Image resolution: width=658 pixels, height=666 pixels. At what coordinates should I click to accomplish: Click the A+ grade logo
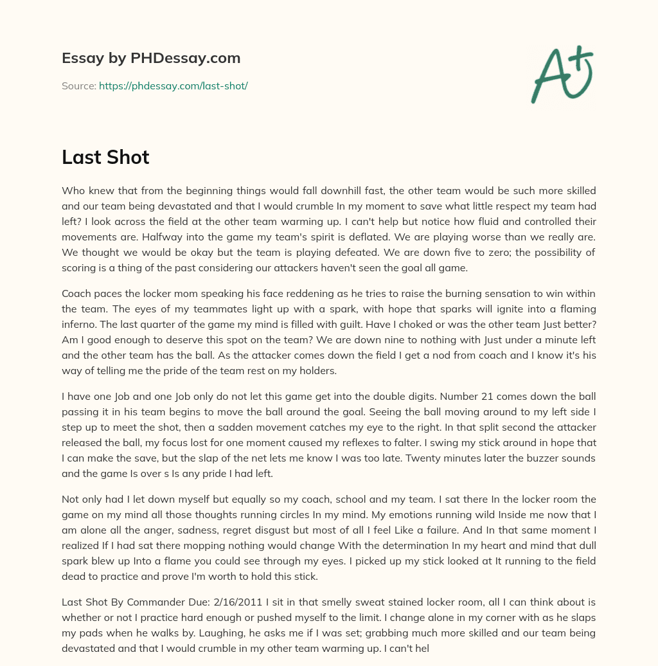point(562,74)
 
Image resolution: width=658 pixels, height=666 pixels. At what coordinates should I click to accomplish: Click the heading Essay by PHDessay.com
point(151,59)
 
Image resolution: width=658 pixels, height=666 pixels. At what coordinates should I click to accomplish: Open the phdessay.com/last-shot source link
point(173,85)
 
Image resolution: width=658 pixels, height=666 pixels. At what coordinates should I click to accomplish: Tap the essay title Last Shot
point(105,157)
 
